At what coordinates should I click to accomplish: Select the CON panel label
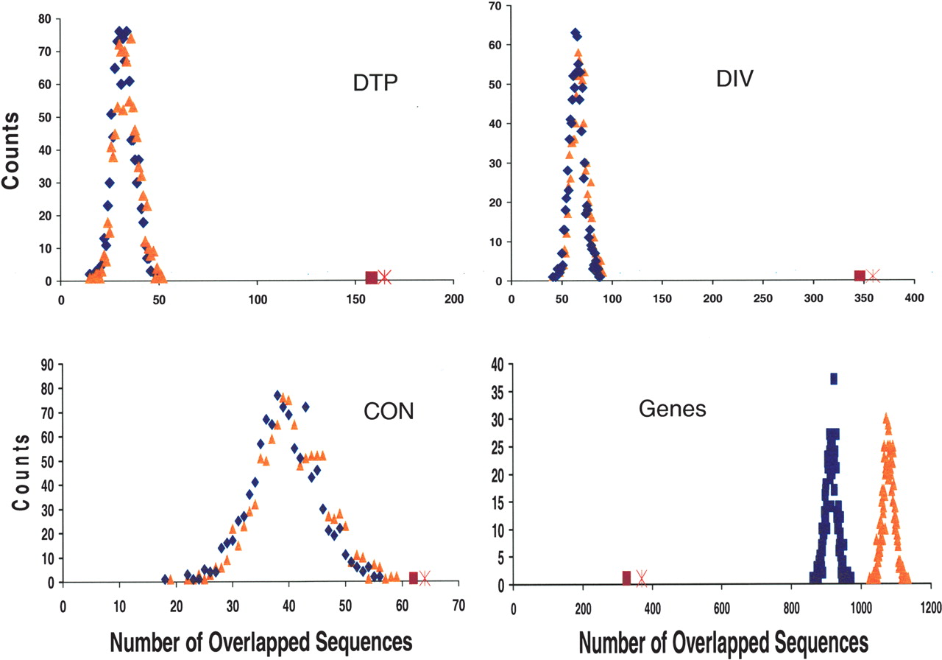tap(389, 411)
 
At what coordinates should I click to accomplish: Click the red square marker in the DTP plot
tap(372, 277)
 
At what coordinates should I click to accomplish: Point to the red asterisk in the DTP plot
tap(384, 277)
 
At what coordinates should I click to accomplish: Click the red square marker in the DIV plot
tap(860, 275)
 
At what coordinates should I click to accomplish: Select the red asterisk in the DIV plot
tap(874, 275)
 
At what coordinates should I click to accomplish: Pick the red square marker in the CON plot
tap(414, 577)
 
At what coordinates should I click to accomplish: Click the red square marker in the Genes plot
tap(627, 577)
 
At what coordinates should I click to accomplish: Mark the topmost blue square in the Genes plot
tap(834, 379)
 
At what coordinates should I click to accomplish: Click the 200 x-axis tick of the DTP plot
tap(454, 299)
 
